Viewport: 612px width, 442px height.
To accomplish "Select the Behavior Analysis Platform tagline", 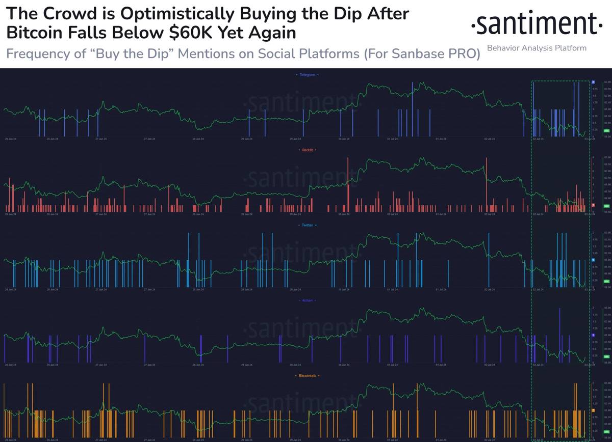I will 537,48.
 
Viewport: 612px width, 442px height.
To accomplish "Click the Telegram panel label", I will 307,75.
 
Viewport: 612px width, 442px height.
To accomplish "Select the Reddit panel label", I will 307,150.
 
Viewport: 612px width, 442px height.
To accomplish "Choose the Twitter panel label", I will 307,225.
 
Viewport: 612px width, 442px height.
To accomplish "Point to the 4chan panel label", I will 307,300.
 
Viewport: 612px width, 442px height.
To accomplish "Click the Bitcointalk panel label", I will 307,376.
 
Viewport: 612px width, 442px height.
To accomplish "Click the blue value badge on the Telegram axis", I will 593,81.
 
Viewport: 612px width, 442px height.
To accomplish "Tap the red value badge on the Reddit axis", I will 593,205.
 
